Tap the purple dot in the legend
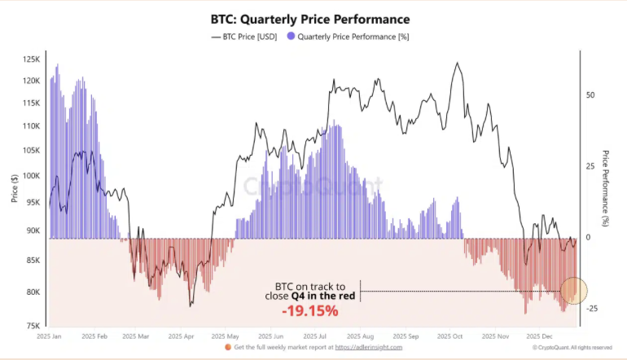point(290,37)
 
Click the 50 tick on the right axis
point(591,94)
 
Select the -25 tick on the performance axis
point(593,309)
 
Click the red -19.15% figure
point(309,311)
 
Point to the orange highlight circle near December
point(573,290)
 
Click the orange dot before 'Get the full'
point(227,348)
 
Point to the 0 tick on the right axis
point(589,237)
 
